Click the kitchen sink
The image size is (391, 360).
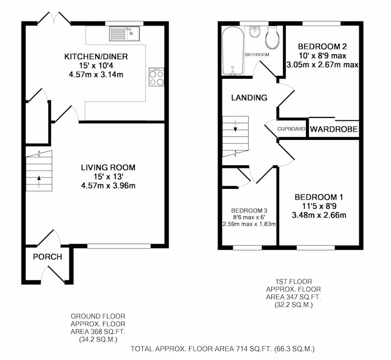click(125, 34)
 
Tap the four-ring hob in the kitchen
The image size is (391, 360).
click(156, 77)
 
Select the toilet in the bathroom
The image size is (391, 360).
click(272, 38)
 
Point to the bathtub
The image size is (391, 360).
click(233, 51)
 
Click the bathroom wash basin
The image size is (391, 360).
click(255, 32)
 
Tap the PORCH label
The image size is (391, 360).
click(47, 257)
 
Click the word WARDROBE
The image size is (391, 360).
click(334, 129)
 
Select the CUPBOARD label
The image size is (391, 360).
click(291, 129)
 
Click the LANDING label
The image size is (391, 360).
click(249, 97)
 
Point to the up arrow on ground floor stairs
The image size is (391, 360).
click(39, 181)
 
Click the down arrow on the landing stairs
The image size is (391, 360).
click(236, 126)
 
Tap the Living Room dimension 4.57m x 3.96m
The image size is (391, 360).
click(108, 185)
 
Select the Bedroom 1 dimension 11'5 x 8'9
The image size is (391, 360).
click(319, 206)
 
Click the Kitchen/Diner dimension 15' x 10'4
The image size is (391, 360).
click(96, 66)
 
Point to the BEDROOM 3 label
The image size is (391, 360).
click(249, 210)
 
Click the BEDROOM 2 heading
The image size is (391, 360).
click(323, 46)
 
